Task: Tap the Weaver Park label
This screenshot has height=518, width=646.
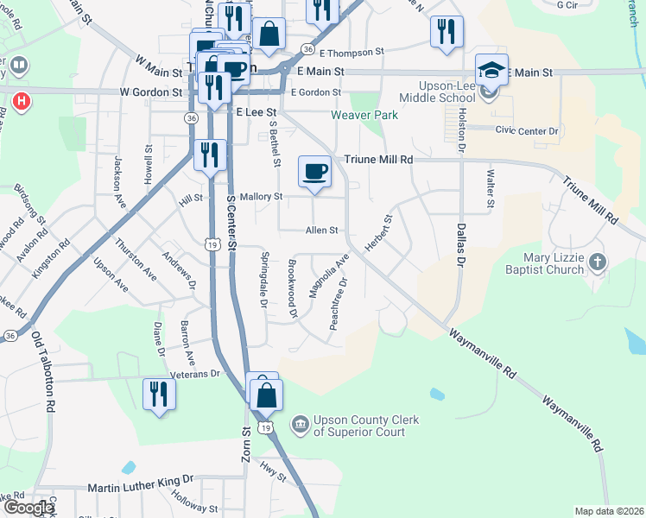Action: click(x=364, y=115)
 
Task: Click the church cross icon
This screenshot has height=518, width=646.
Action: click(x=597, y=261)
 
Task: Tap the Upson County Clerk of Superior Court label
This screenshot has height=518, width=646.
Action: click(x=366, y=426)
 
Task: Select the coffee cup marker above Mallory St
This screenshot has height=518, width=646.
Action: click(x=314, y=170)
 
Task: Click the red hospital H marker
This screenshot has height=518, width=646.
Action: click(x=22, y=101)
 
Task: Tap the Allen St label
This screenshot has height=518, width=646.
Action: click(x=320, y=231)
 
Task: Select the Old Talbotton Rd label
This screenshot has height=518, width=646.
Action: click(x=44, y=370)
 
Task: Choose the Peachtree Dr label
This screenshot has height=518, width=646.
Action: click(x=339, y=304)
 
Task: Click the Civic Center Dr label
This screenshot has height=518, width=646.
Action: click(x=527, y=130)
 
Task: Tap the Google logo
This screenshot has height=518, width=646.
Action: click(x=28, y=508)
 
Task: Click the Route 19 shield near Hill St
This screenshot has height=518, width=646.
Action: click(x=212, y=245)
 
